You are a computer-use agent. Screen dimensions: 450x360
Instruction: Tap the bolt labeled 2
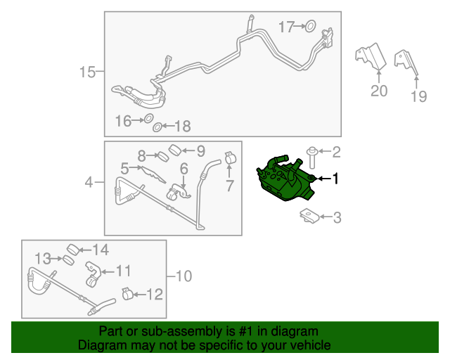[x=312, y=157]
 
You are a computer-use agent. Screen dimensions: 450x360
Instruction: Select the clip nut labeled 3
[x=309, y=216]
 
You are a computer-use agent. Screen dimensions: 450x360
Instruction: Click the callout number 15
[x=87, y=72]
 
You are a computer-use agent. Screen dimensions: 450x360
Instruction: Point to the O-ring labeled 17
[x=310, y=26]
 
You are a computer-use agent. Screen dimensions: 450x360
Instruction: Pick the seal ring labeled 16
[x=148, y=118]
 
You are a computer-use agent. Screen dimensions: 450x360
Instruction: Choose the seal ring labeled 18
[x=157, y=127]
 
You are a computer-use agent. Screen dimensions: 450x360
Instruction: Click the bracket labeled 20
[x=371, y=56]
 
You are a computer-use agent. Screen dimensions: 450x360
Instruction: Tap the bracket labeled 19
[x=406, y=63]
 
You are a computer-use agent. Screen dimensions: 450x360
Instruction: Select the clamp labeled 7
[x=230, y=157]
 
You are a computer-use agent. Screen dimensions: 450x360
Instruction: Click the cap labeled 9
[x=174, y=150]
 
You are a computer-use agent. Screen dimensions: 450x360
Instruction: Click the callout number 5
[x=124, y=169]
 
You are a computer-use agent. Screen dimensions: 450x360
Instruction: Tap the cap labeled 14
[x=73, y=250]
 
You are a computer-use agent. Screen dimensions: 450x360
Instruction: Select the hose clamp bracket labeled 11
[x=93, y=274]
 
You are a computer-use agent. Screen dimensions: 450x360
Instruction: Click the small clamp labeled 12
[x=127, y=294]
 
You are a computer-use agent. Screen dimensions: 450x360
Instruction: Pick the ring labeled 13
[x=69, y=260]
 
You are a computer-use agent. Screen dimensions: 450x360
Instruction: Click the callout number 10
[x=184, y=276]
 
